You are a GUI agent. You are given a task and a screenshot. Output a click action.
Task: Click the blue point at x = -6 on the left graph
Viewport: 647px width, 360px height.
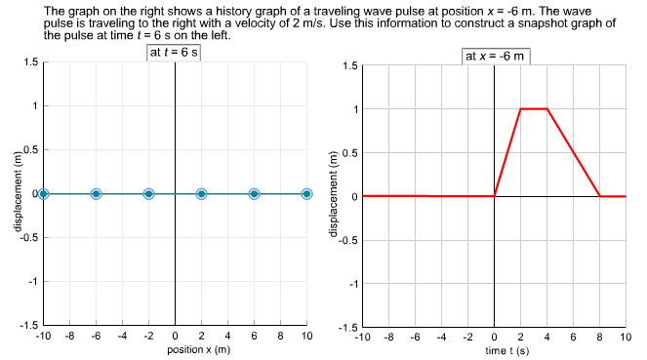point(96,194)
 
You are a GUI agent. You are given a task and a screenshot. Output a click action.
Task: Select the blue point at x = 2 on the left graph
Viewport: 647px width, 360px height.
point(201,194)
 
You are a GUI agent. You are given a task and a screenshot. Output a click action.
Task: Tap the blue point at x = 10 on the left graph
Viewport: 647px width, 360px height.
point(306,194)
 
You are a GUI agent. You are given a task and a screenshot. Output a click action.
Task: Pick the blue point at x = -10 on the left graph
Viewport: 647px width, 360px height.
point(43,194)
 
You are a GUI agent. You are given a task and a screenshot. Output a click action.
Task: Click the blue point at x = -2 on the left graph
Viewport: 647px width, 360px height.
point(148,194)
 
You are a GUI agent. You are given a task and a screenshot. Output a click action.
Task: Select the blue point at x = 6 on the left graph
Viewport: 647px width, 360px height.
point(254,194)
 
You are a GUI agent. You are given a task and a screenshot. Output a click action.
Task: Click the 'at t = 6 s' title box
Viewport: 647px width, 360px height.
point(174,52)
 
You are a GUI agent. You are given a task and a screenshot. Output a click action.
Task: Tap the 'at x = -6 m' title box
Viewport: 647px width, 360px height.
point(495,56)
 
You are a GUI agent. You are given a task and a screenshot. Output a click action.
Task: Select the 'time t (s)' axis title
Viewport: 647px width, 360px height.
point(495,349)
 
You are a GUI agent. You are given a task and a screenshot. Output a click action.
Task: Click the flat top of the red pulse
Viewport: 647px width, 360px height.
point(534,108)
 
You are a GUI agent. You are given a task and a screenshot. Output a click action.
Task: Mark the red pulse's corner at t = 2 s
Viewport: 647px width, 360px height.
point(521,108)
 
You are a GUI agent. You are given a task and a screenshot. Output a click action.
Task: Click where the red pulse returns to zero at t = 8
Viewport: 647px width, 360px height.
point(599,196)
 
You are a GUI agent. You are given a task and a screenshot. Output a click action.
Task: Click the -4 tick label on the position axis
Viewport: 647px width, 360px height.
point(122,336)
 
